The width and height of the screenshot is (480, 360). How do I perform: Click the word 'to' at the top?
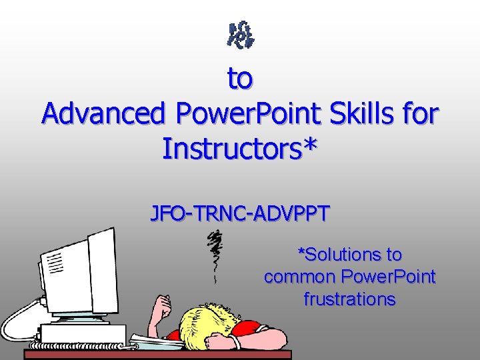pyautogui.click(x=240, y=79)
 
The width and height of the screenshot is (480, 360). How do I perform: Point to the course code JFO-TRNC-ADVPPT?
pyautogui.click(x=240, y=214)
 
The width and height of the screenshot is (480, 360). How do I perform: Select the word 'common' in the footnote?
pyautogui.click(x=299, y=276)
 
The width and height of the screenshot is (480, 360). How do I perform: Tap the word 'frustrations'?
pyautogui.click(x=349, y=299)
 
